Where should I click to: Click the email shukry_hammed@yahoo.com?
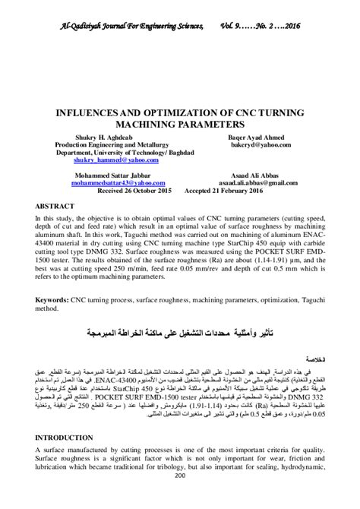tap(116, 160)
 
